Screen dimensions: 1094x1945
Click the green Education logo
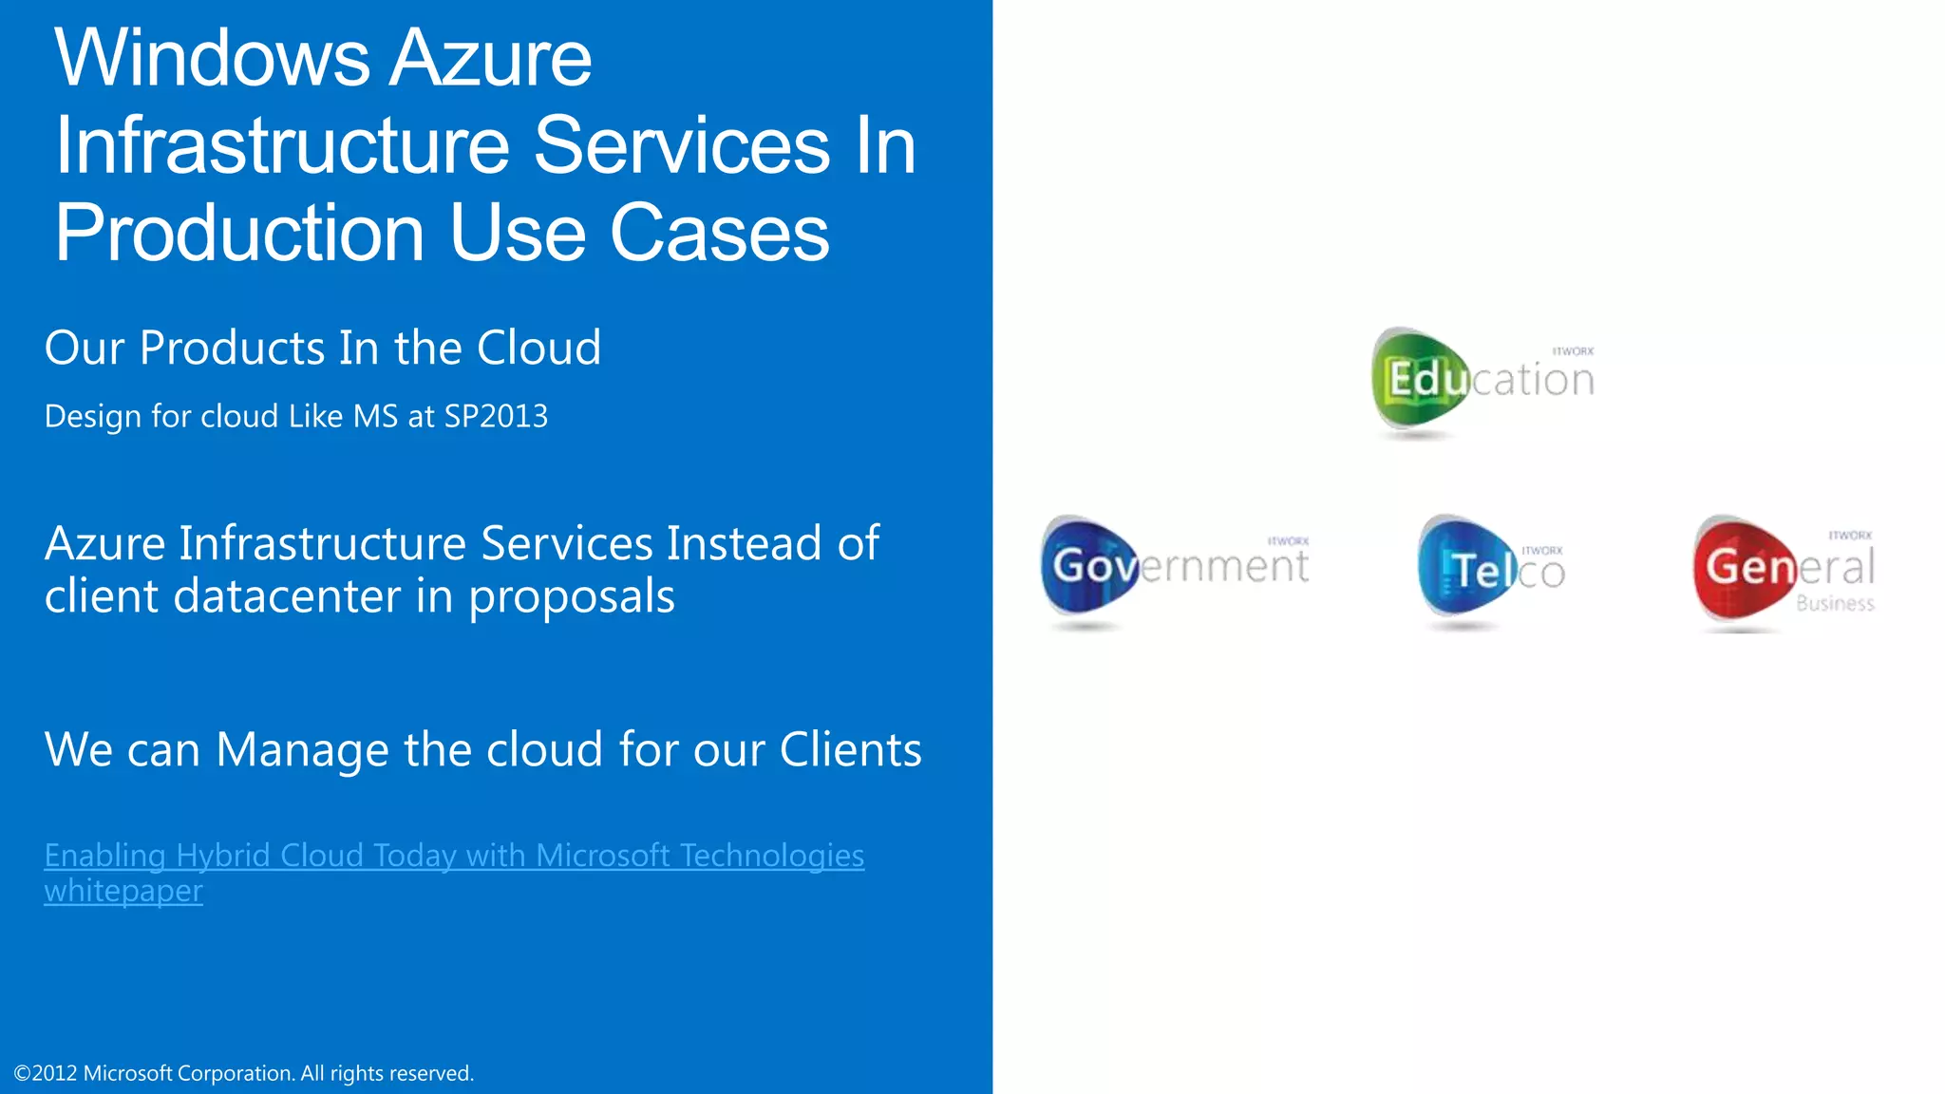tap(1482, 380)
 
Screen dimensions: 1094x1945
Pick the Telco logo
tap(1490, 570)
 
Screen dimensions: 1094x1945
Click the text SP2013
tap(496, 417)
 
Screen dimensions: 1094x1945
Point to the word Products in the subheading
tap(233, 349)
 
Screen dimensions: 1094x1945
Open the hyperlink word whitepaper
tap(123, 892)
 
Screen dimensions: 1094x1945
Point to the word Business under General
tap(1835, 604)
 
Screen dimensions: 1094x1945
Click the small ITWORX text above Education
tap(1573, 351)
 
